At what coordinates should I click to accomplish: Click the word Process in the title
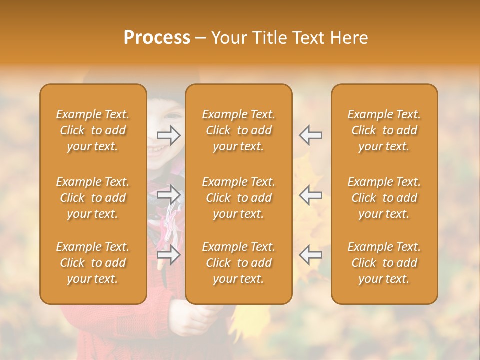[x=157, y=38]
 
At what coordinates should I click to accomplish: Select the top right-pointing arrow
[x=169, y=135]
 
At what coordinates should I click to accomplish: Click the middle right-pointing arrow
[x=169, y=194]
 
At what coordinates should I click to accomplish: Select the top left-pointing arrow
[x=310, y=135]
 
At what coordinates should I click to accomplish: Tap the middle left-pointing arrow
[x=310, y=194]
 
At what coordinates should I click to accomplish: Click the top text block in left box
[x=93, y=130]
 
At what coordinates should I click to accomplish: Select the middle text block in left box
[x=93, y=198]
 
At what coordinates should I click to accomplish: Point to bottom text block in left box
[x=93, y=263]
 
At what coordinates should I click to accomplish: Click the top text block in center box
[x=238, y=130]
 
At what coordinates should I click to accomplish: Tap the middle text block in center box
[x=238, y=198]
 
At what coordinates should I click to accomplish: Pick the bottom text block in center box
[x=238, y=263]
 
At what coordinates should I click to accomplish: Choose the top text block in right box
[x=384, y=130]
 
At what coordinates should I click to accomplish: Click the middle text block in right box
[x=384, y=198]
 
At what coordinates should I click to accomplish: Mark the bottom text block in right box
[x=384, y=263]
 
